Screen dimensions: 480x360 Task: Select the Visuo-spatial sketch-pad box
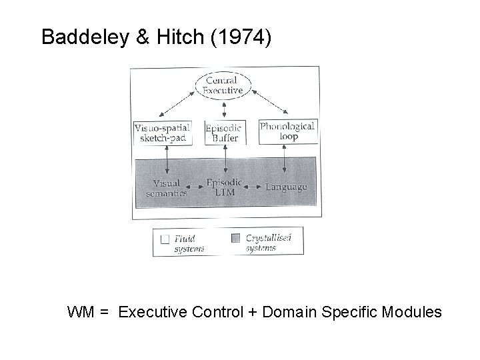pyautogui.click(x=163, y=133)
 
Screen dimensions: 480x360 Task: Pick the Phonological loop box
pyautogui.click(x=287, y=131)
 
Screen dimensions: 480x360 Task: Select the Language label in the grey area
pyautogui.click(x=287, y=187)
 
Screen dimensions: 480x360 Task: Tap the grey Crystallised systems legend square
pyautogui.click(x=235, y=238)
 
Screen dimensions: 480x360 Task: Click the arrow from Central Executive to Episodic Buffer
pyautogui.click(x=224, y=109)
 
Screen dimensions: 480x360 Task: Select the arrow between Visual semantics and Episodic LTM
pyautogui.click(x=191, y=188)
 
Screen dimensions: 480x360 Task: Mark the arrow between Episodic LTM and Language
pyautogui.click(x=253, y=188)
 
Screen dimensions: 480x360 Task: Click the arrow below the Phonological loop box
pyautogui.click(x=285, y=161)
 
